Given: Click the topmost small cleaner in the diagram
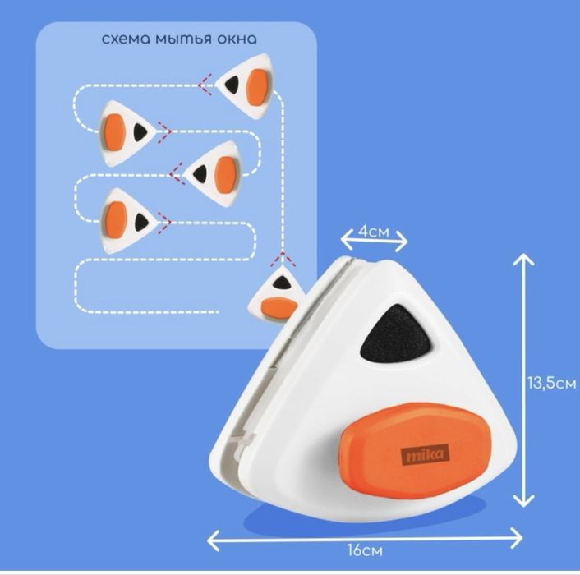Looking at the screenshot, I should [x=247, y=82].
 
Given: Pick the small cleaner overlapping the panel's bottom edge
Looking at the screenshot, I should [x=274, y=297].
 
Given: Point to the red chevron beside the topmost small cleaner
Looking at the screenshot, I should [x=203, y=82].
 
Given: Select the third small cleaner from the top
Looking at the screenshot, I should [x=214, y=172].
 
